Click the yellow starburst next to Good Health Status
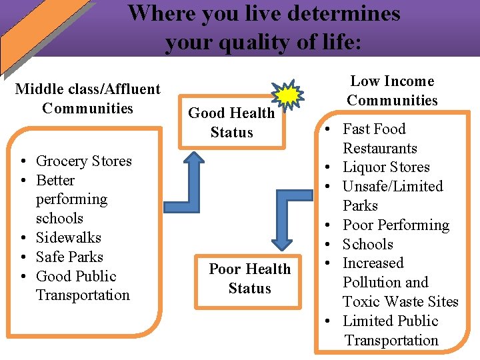pyautogui.click(x=288, y=96)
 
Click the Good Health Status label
pyautogui.click(x=231, y=123)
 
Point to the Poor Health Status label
pyautogui.click(x=249, y=279)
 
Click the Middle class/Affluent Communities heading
pyautogui.click(x=87, y=99)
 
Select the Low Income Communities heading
pyautogui.click(x=392, y=91)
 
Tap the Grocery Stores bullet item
pyautogui.click(x=83, y=161)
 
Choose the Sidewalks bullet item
pyautogui.click(x=68, y=237)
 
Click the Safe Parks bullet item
pyautogui.click(x=69, y=257)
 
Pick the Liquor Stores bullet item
pyautogui.click(x=385, y=167)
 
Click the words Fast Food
pyautogui.click(x=373, y=129)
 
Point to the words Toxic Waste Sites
pyautogui.click(x=400, y=301)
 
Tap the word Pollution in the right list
pyautogui.click(x=373, y=282)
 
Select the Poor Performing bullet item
pyautogui.click(x=395, y=225)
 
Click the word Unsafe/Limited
pyautogui.click(x=392, y=186)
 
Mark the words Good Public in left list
pyautogui.click(x=76, y=276)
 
